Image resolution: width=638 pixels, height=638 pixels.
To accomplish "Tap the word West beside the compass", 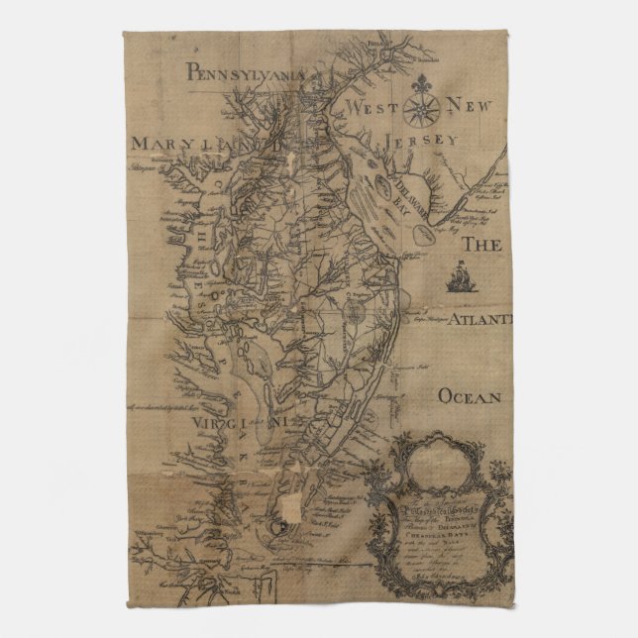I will click(x=370, y=105).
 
